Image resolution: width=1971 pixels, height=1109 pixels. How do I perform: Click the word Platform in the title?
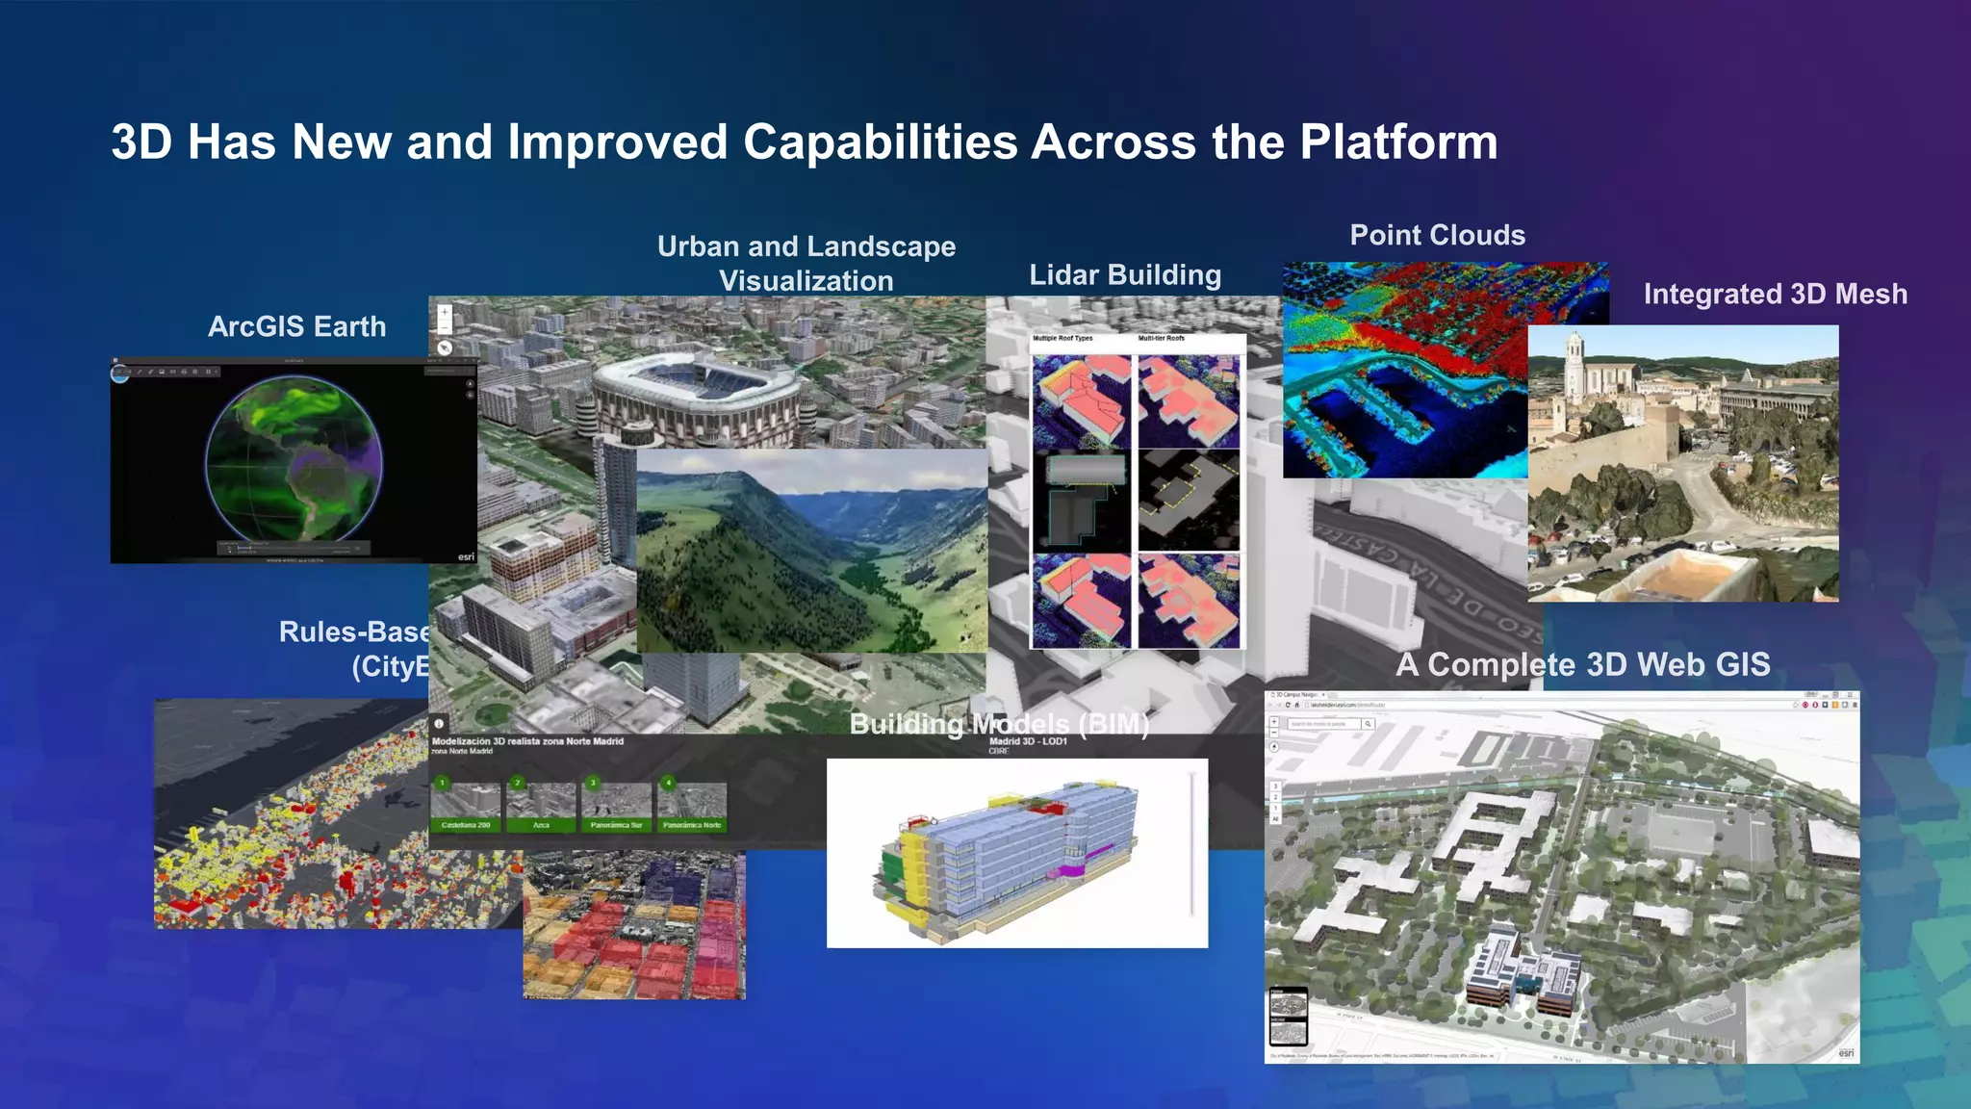tap(1397, 142)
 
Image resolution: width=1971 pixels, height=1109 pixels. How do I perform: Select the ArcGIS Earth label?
tap(296, 326)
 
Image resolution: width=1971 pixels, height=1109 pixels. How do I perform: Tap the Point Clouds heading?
tap(1437, 235)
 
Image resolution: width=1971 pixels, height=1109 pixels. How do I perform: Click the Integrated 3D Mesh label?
tap(1775, 294)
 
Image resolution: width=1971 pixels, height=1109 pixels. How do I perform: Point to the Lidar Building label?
tap(1124, 275)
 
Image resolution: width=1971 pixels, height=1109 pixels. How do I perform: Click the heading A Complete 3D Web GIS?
tap(1582, 664)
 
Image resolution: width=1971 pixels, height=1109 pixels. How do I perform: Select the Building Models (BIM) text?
tap(999, 724)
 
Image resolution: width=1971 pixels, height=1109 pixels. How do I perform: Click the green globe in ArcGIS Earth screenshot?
tap(294, 459)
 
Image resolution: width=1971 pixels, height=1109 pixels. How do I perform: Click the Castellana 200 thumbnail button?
tap(466, 807)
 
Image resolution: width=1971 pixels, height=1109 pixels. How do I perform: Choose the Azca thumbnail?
tap(541, 807)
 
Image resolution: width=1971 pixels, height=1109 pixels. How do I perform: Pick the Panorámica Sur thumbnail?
tap(616, 807)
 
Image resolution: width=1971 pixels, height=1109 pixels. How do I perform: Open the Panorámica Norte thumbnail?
tap(691, 807)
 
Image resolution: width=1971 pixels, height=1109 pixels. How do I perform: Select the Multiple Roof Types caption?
tap(1062, 339)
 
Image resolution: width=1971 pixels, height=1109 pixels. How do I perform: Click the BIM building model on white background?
tap(1006, 852)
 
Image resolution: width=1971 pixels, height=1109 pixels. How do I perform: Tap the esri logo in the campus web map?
tap(1845, 1052)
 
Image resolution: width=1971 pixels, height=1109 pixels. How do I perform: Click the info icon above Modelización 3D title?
tap(439, 723)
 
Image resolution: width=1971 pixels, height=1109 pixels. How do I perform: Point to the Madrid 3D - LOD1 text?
tap(1027, 741)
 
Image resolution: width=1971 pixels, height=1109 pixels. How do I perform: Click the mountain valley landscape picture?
tap(811, 551)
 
